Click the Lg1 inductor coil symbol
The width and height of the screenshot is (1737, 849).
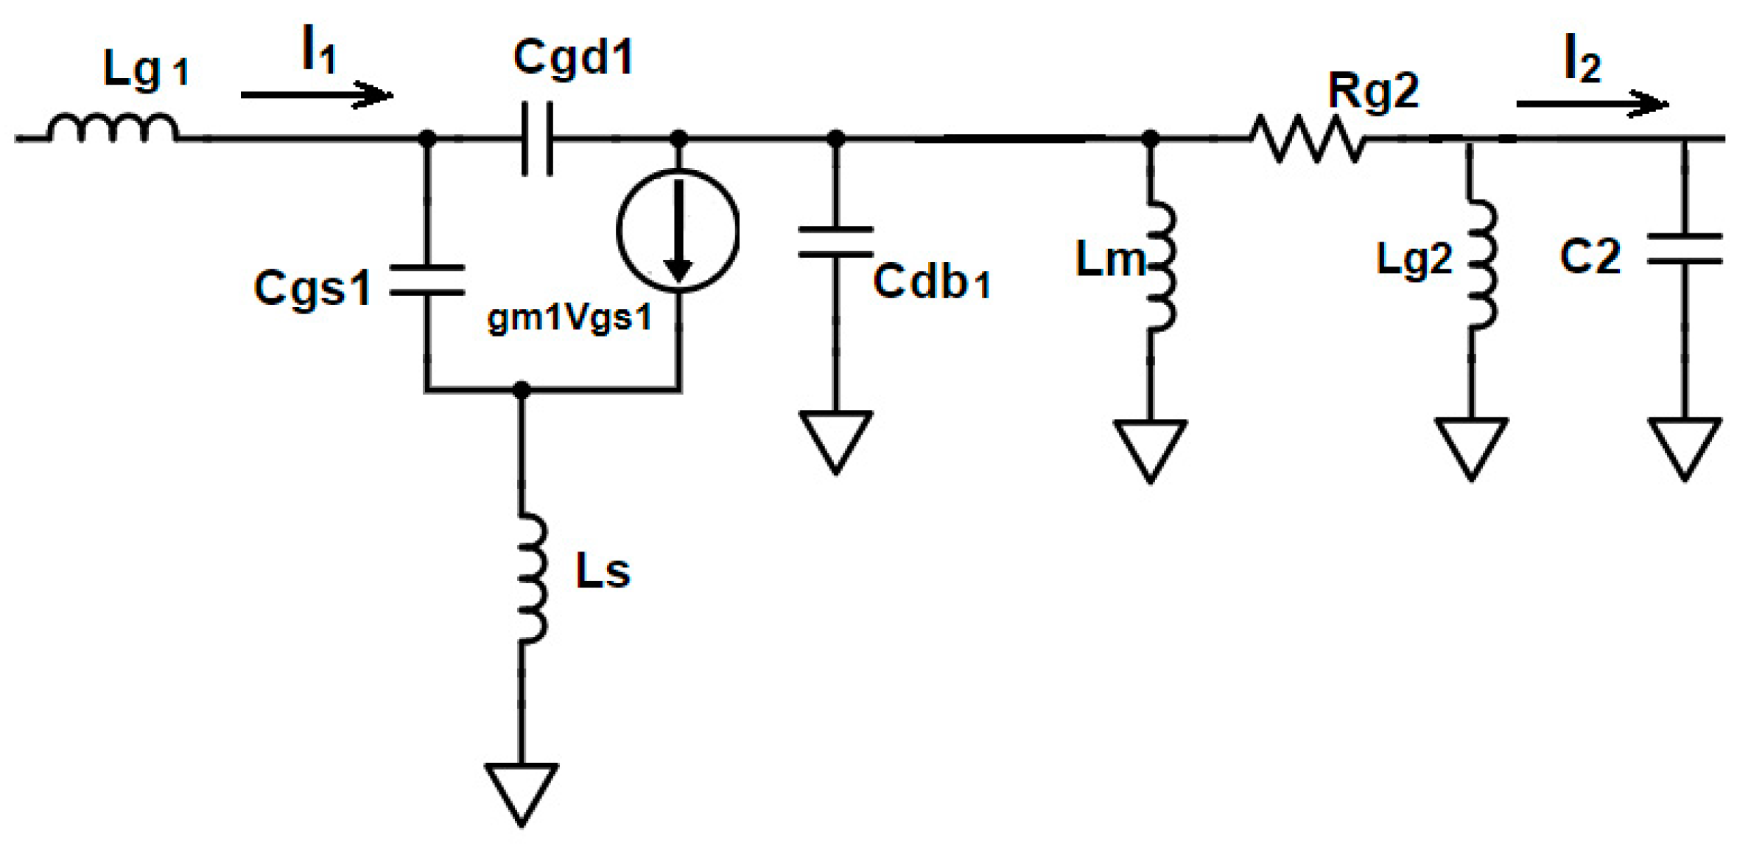tap(112, 129)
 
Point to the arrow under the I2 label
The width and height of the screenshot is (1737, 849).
tap(1591, 104)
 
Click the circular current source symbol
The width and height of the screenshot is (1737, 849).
tap(678, 230)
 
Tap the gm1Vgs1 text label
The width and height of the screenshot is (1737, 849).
tap(569, 319)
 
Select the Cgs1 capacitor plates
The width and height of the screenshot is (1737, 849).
tap(427, 280)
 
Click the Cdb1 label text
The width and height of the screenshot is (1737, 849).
tap(932, 281)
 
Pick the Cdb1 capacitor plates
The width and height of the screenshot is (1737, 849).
tap(835, 242)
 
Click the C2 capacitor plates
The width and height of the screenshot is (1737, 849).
tap(1684, 249)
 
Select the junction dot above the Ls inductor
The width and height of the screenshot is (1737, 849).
tap(522, 389)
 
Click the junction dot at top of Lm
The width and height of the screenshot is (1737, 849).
tap(1150, 138)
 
